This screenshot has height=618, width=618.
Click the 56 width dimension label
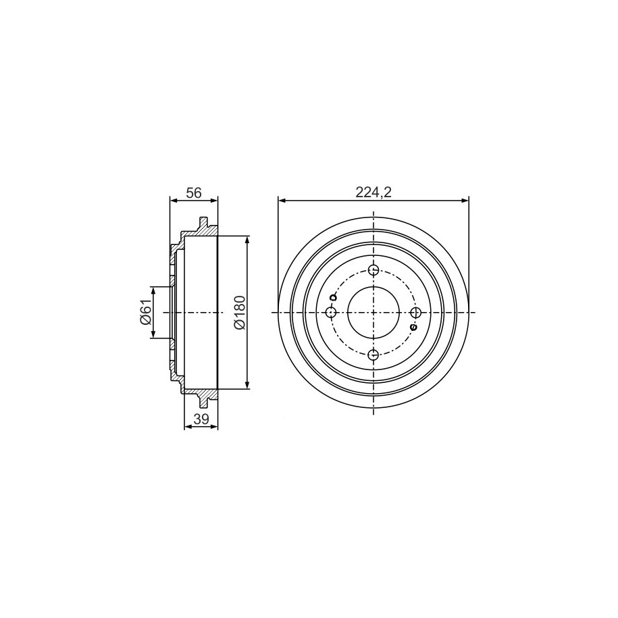pyautogui.click(x=194, y=192)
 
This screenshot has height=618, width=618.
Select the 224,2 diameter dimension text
pyautogui.click(x=373, y=192)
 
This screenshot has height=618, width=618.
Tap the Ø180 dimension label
pyautogui.click(x=240, y=312)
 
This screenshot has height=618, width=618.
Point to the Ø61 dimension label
pyautogui.click(x=145, y=312)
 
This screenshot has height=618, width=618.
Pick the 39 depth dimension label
pyautogui.click(x=201, y=419)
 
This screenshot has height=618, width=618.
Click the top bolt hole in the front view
pyautogui.click(x=374, y=270)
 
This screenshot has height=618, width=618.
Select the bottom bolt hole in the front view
pyautogui.click(x=374, y=355)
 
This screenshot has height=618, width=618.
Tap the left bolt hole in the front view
pyautogui.click(x=331, y=313)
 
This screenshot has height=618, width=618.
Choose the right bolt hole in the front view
pyautogui.click(x=415, y=313)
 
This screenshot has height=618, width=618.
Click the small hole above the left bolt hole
pyautogui.click(x=333, y=297)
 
